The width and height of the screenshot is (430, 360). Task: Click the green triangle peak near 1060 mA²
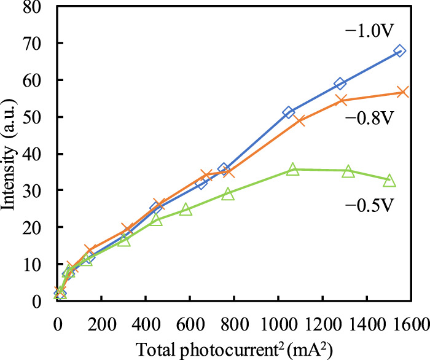click(292, 170)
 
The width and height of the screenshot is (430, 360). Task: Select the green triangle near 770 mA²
click(228, 194)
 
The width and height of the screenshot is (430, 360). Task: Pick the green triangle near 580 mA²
click(186, 209)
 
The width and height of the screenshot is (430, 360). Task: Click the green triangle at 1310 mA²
click(348, 171)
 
